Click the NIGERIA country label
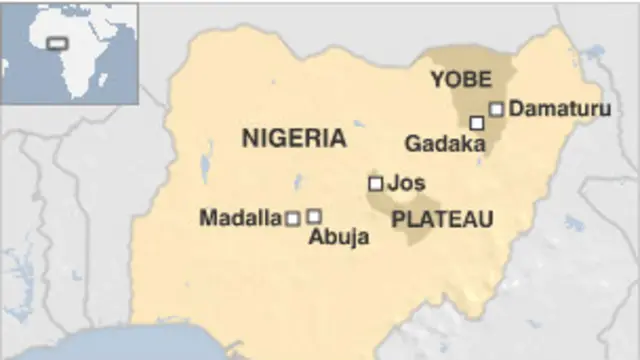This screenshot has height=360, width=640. pyautogui.click(x=293, y=139)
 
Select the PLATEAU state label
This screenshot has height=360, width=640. pyautogui.click(x=442, y=219)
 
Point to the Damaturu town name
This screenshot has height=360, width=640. pyautogui.click(x=555, y=109)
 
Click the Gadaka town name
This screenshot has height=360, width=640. pyautogui.click(x=444, y=144)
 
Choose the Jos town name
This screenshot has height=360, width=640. pyautogui.click(x=405, y=183)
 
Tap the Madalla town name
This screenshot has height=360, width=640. pyautogui.click(x=240, y=217)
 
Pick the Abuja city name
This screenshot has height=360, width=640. pyautogui.click(x=339, y=237)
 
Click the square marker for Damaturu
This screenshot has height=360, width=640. pyautogui.click(x=496, y=109)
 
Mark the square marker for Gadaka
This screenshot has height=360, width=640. pyautogui.click(x=477, y=122)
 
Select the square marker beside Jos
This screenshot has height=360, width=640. pyautogui.click(x=375, y=183)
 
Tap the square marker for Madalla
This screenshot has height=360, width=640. pyautogui.click(x=293, y=218)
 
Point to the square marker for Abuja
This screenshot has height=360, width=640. pyautogui.click(x=314, y=215)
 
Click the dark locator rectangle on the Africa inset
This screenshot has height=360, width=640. pyautogui.click(x=58, y=43)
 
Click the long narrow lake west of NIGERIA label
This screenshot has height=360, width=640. pyautogui.click(x=207, y=159)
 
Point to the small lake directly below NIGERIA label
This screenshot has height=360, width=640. pyautogui.click(x=297, y=182)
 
